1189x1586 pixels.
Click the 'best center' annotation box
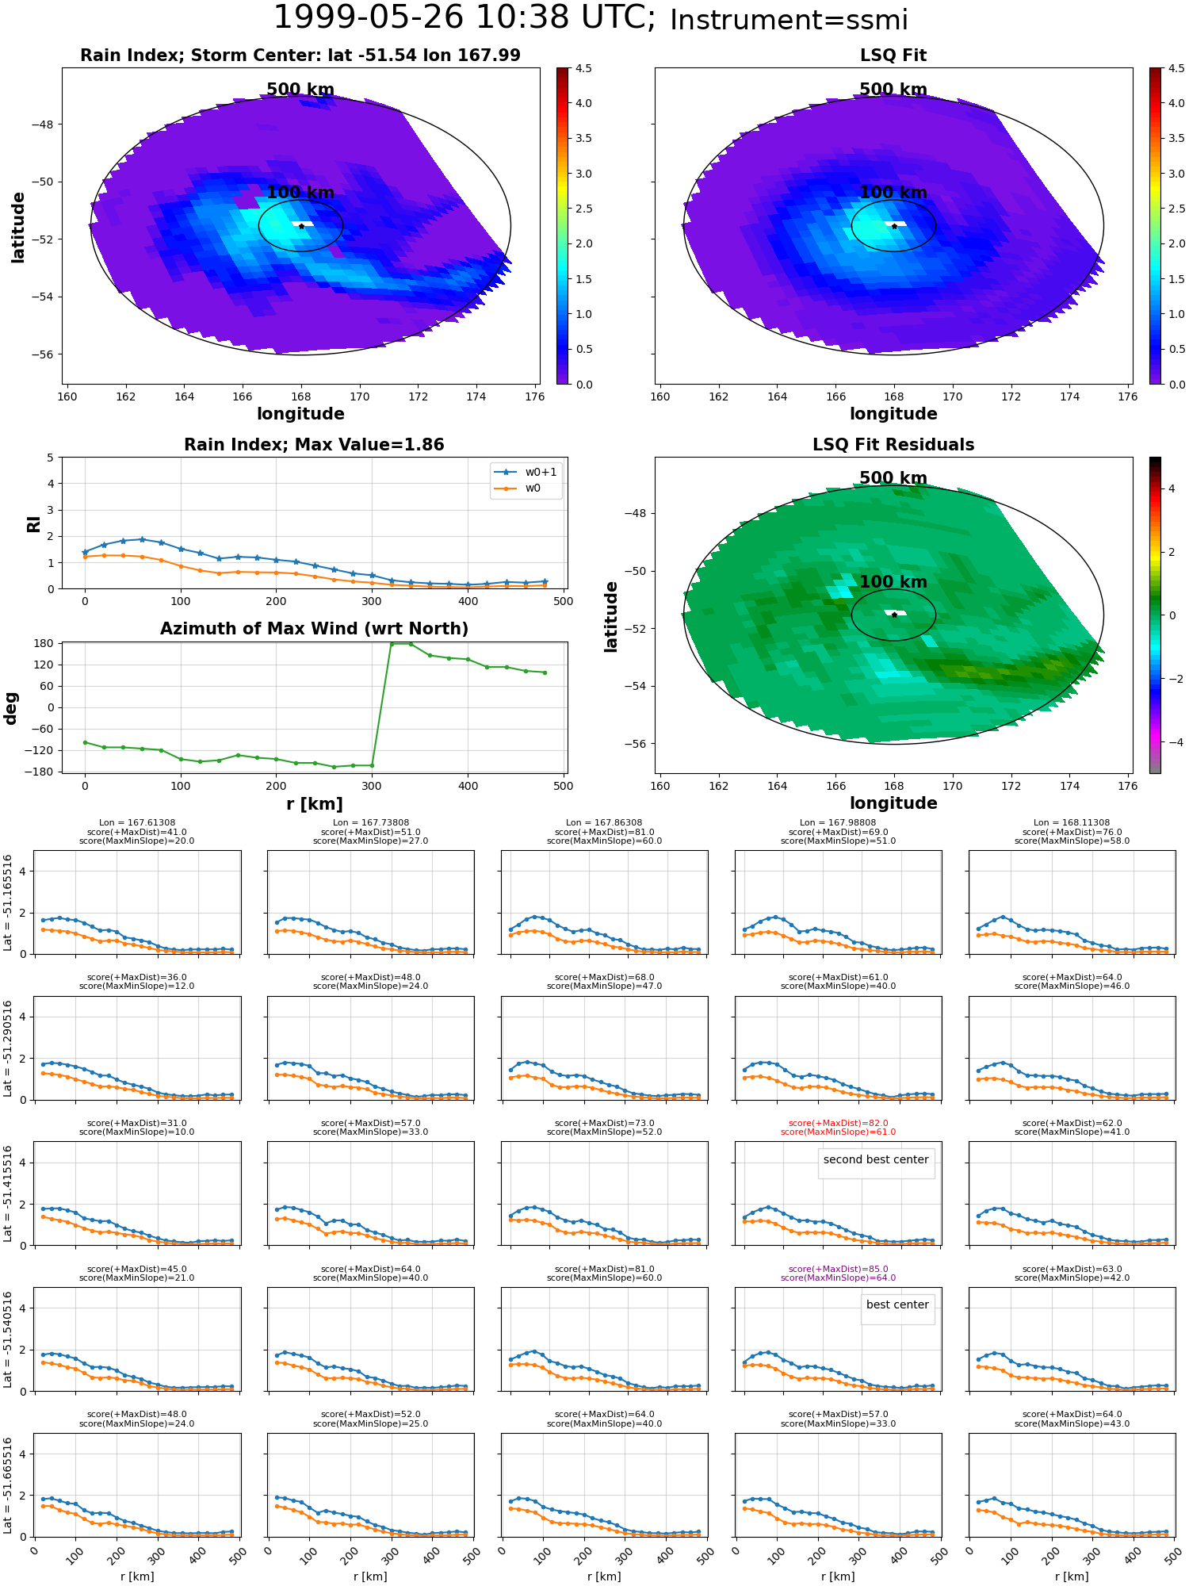click(897, 1309)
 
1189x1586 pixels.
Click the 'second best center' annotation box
click(876, 1163)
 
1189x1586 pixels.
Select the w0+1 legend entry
click(526, 472)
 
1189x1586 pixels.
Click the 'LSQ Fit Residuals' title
click(893, 445)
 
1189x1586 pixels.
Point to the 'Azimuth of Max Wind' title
click(314, 629)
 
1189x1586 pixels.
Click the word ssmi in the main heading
click(873, 21)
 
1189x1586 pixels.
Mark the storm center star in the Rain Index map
click(301, 226)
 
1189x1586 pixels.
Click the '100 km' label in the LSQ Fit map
click(893, 193)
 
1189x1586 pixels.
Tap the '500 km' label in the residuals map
click(893, 478)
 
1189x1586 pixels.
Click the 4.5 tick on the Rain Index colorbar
click(583, 68)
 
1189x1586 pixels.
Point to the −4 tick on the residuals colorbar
click(1172, 742)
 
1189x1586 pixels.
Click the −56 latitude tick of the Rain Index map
click(41, 354)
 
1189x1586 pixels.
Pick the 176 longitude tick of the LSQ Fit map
click(1127, 396)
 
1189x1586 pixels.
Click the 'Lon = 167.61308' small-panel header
click(137, 823)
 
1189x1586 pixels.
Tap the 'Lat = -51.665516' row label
click(8, 1487)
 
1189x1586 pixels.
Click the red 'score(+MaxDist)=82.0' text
click(839, 1124)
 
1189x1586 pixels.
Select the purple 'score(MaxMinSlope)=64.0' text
click(839, 1278)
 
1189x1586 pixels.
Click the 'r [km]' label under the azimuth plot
click(315, 804)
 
